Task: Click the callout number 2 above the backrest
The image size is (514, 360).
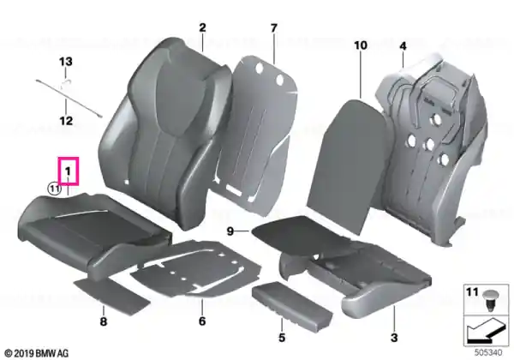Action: (x=202, y=27)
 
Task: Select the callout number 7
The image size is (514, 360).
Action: (x=274, y=28)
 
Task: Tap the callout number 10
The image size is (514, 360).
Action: (x=361, y=45)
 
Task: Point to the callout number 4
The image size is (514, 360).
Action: (x=403, y=46)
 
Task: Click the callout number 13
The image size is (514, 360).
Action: (x=66, y=62)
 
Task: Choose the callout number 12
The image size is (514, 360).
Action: (x=66, y=121)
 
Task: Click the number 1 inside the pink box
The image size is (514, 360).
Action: (x=68, y=171)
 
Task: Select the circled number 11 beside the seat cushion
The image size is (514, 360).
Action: (x=55, y=189)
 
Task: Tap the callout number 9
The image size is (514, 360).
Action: (x=230, y=231)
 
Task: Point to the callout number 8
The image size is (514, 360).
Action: (x=104, y=321)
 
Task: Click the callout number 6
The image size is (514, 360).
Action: (x=202, y=321)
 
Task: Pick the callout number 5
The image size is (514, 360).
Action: (x=282, y=338)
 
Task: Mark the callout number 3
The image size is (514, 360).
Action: (x=394, y=338)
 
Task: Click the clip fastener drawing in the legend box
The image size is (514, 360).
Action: (x=491, y=301)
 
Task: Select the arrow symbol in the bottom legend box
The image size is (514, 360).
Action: (x=486, y=330)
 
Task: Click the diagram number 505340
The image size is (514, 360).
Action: (x=488, y=353)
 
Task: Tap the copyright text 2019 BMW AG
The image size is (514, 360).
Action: (x=38, y=353)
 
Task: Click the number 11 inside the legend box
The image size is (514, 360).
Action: (x=472, y=291)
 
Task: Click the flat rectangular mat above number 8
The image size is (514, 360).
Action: (x=111, y=294)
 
